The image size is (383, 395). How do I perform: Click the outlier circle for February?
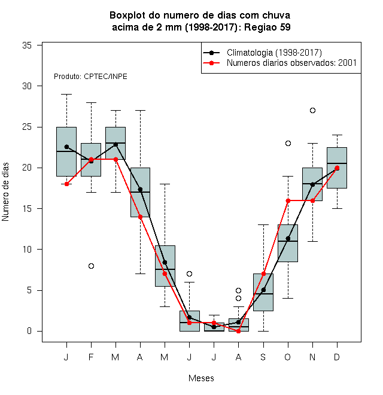(91, 266)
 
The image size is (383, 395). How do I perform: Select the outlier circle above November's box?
(312, 110)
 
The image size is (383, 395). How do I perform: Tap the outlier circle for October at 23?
(288, 144)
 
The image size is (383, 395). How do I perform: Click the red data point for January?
(66, 184)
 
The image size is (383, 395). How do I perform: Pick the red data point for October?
(288, 200)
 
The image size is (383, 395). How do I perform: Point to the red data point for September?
(263, 274)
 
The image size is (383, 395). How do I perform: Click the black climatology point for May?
(165, 262)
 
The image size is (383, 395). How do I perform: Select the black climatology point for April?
(141, 190)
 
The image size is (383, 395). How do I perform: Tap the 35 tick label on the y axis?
(27, 45)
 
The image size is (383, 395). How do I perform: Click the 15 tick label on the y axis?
(27, 209)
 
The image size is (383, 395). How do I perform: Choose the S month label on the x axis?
(263, 357)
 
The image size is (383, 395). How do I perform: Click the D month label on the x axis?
(337, 357)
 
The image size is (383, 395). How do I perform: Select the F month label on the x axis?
(91, 357)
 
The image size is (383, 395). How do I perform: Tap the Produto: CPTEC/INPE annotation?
(90, 77)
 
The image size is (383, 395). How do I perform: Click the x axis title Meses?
(201, 378)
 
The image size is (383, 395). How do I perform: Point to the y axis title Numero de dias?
(5, 192)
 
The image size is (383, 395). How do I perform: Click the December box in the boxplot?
(337, 168)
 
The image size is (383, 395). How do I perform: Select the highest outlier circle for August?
(238, 290)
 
